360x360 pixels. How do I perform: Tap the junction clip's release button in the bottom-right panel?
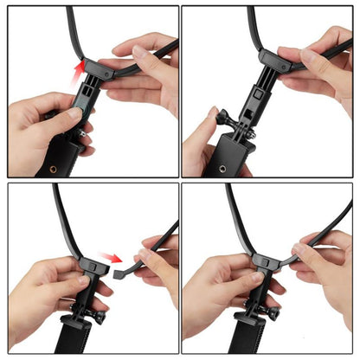click(260, 257)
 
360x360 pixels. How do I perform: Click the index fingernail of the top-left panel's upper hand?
click(138, 51)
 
